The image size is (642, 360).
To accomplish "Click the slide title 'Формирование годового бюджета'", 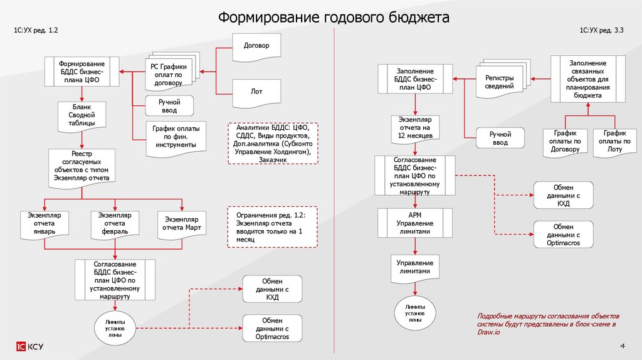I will pyautogui.click(x=334, y=17).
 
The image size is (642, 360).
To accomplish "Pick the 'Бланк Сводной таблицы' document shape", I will pyautogui.click(x=82, y=116).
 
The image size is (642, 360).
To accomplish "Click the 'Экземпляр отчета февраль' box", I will pyautogui.click(x=113, y=223).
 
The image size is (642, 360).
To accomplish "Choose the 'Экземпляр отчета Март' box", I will pyautogui.click(x=181, y=224).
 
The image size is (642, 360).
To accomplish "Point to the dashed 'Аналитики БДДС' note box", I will pyautogui.click(x=273, y=144).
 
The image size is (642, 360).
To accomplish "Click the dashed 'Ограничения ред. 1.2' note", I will pyautogui.click(x=273, y=228).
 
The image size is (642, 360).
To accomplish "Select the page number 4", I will pyautogui.click(x=622, y=346).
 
